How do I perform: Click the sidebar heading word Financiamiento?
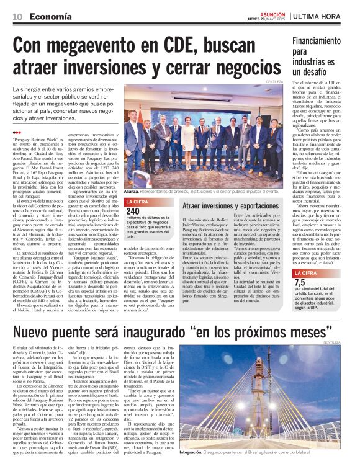coord(319,42)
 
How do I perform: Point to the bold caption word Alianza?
coord(133,192)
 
